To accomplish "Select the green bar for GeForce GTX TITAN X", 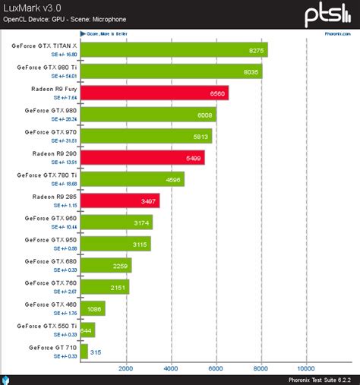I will pyautogui.click(x=173, y=49).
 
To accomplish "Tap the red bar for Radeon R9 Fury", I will pyautogui.click(x=153, y=93).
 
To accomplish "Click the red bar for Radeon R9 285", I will pyautogui.click(x=118, y=200).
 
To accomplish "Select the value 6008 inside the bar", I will pyautogui.click(x=203, y=115).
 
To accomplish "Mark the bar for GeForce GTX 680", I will pyautogui.click(x=106, y=265).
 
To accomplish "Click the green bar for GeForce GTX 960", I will pyautogui.click(x=115, y=222).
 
